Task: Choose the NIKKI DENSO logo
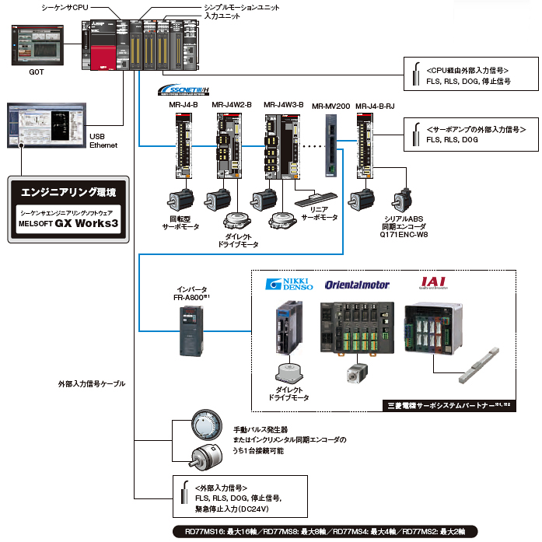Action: coord(289,284)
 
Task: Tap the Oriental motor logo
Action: coord(357,285)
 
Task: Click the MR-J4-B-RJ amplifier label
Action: coord(375,104)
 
